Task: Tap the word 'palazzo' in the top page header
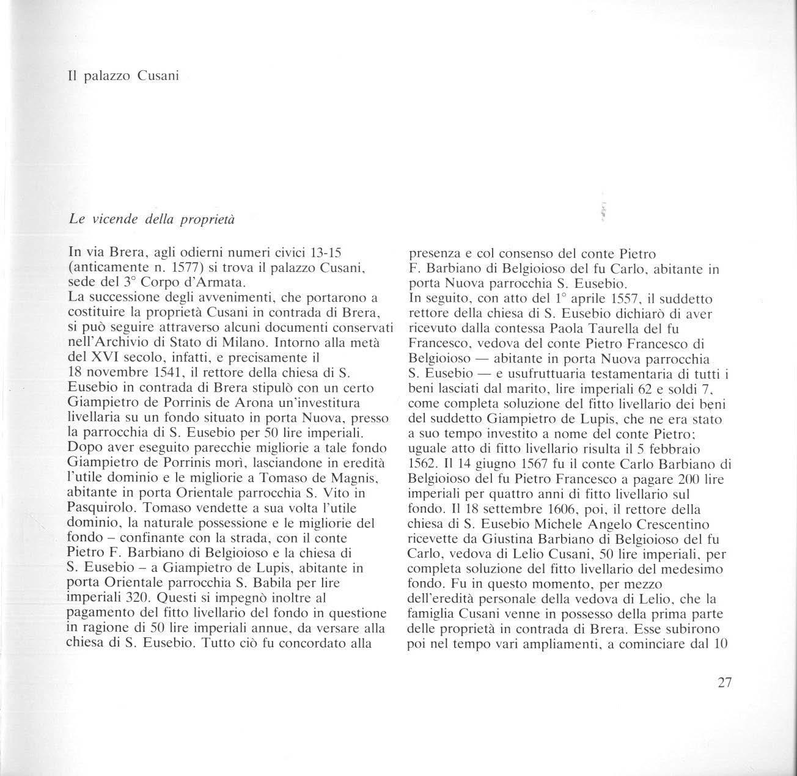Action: tap(105, 78)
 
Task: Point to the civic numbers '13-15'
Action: tap(335, 253)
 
